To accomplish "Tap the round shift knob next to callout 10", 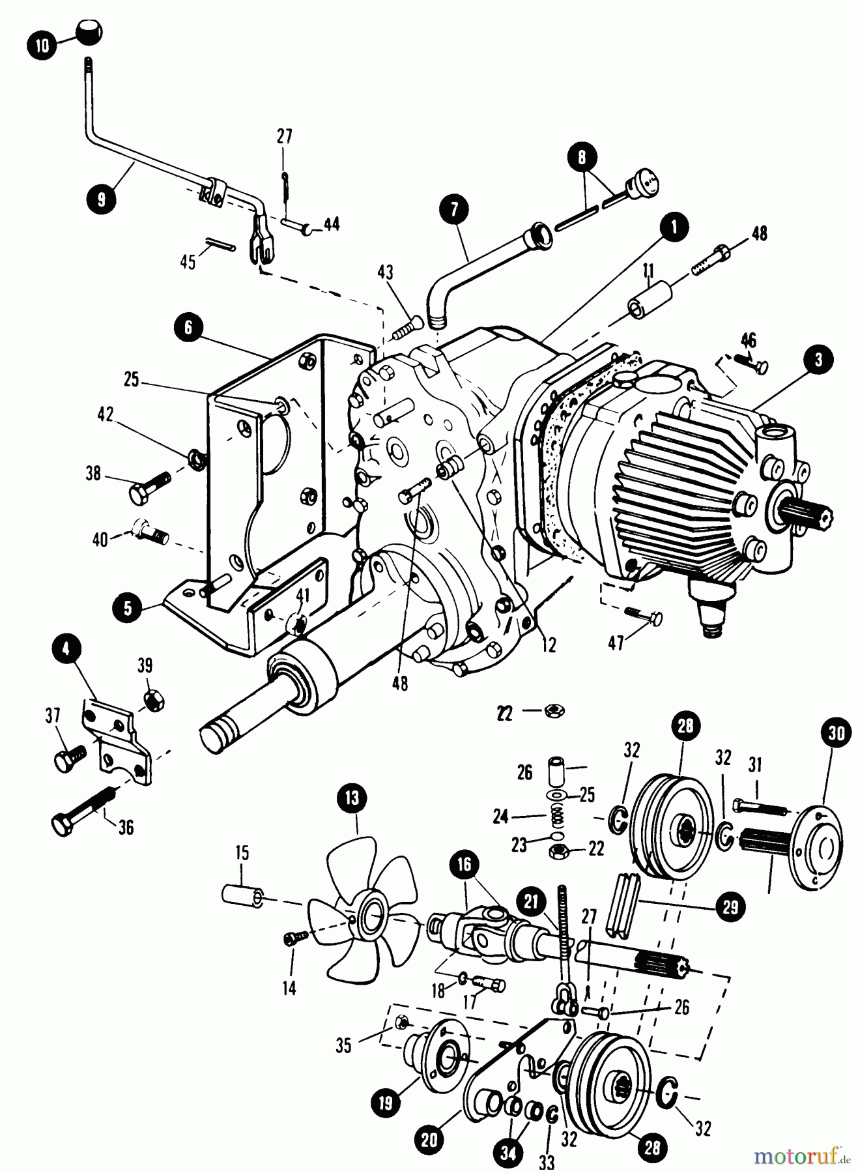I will click(89, 31).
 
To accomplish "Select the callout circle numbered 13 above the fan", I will click(352, 799).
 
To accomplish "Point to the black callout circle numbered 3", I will click(818, 359).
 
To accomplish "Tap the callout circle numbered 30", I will click(836, 733).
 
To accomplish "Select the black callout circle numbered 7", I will click(453, 209).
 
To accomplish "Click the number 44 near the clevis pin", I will click(331, 225).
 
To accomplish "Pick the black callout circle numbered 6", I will click(189, 327).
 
